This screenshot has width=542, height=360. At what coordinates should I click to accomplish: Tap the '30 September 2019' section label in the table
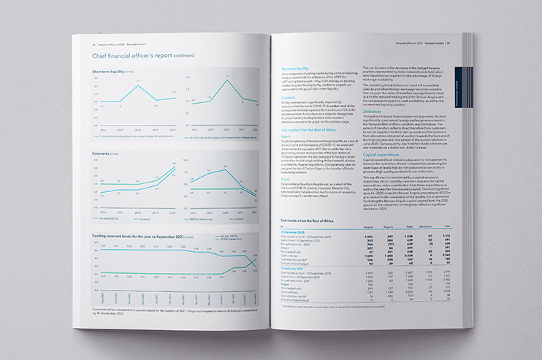(x=294, y=266)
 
